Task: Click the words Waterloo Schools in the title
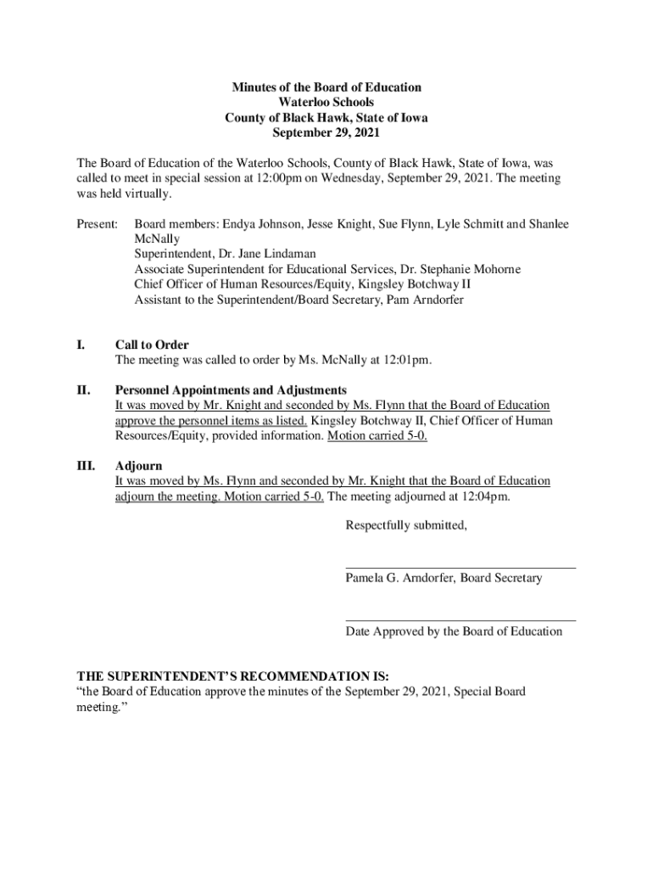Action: click(x=326, y=103)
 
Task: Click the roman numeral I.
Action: click(x=81, y=345)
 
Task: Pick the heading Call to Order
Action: click(x=152, y=345)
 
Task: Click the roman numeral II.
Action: click(x=83, y=390)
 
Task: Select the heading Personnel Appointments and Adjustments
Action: click(x=231, y=390)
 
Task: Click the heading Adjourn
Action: click(x=139, y=466)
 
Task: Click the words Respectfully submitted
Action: click(x=406, y=525)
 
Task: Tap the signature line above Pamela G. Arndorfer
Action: click(x=460, y=567)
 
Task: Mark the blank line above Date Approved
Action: click(x=460, y=620)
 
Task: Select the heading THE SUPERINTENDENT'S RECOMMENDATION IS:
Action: click(x=233, y=676)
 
